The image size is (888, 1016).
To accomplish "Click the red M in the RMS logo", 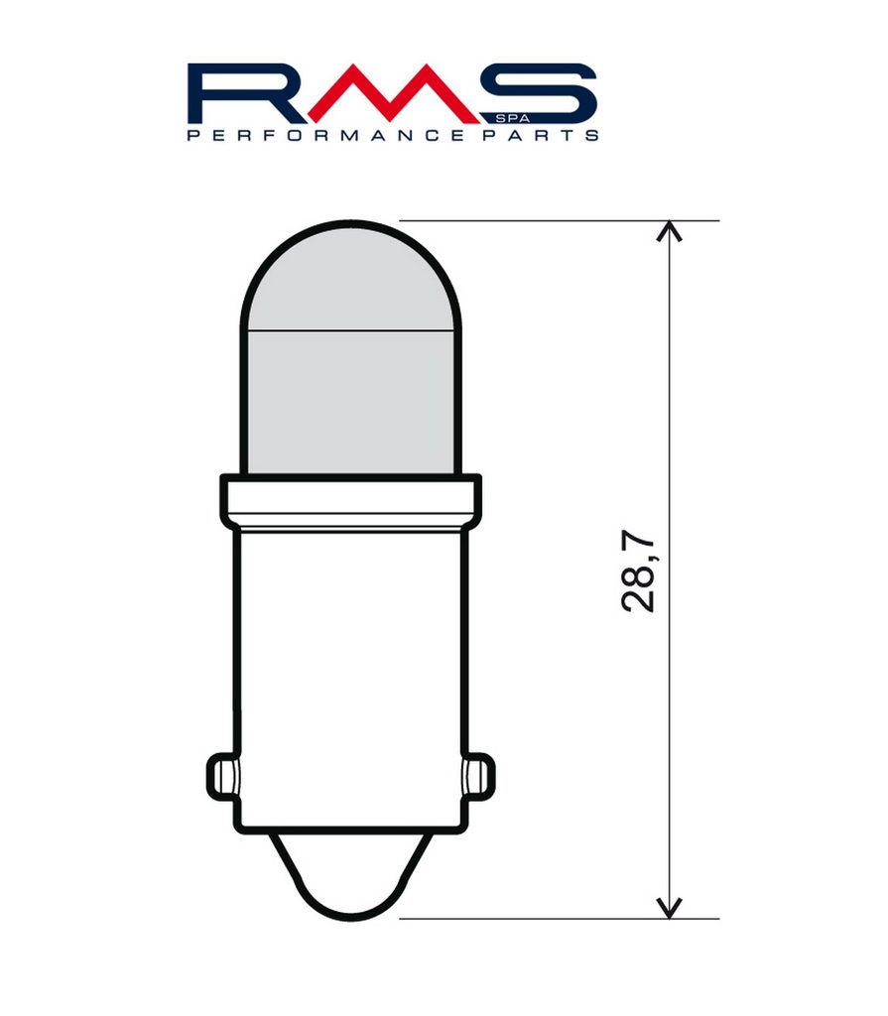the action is tap(391, 94).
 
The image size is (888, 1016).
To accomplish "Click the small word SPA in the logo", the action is tap(512, 119).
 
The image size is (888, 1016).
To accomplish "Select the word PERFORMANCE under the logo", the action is tap(325, 135).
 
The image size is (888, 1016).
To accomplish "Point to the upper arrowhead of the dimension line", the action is tap(670, 230).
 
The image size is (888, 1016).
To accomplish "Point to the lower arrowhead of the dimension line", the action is tap(670, 909).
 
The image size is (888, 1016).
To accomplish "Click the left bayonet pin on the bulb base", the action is tap(221, 776).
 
